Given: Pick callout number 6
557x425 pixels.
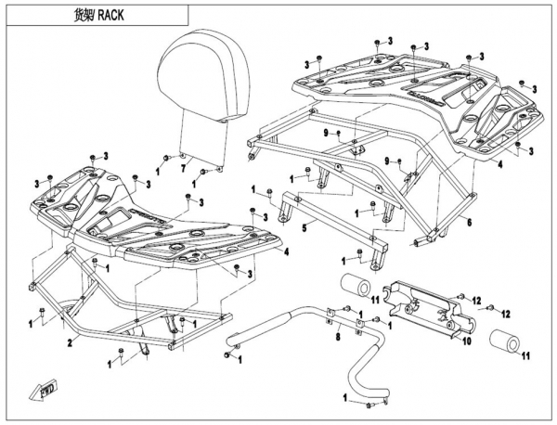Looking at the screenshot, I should (x=470, y=224).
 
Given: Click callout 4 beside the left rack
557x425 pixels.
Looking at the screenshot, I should (x=287, y=251).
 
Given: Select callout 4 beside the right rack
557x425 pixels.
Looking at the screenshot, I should (x=499, y=164).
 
